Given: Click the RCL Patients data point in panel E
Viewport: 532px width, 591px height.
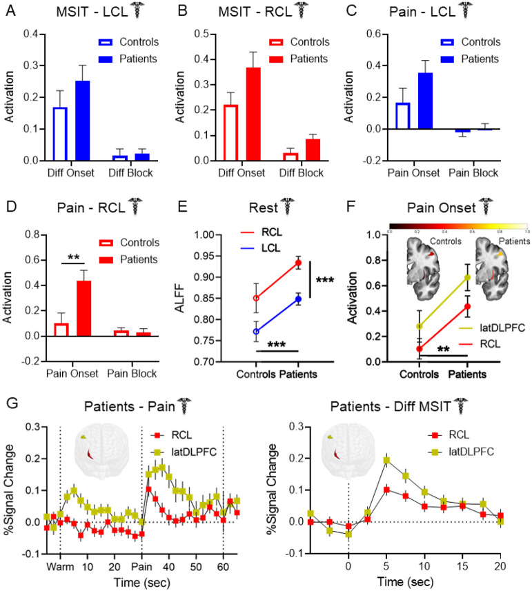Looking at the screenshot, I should coord(297,263).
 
